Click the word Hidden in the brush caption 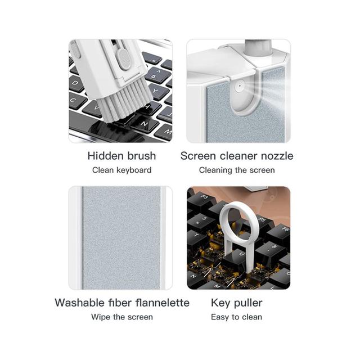point(106,156)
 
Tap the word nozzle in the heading point(277,156)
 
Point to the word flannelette point(163,303)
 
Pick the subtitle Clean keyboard point(121,170)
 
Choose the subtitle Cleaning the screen point(237,170)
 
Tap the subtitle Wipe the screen point(122,317)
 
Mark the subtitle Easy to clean point(236,317)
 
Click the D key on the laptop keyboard point(76,83)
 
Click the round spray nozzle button point(240,86)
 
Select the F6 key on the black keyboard point(282,232)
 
